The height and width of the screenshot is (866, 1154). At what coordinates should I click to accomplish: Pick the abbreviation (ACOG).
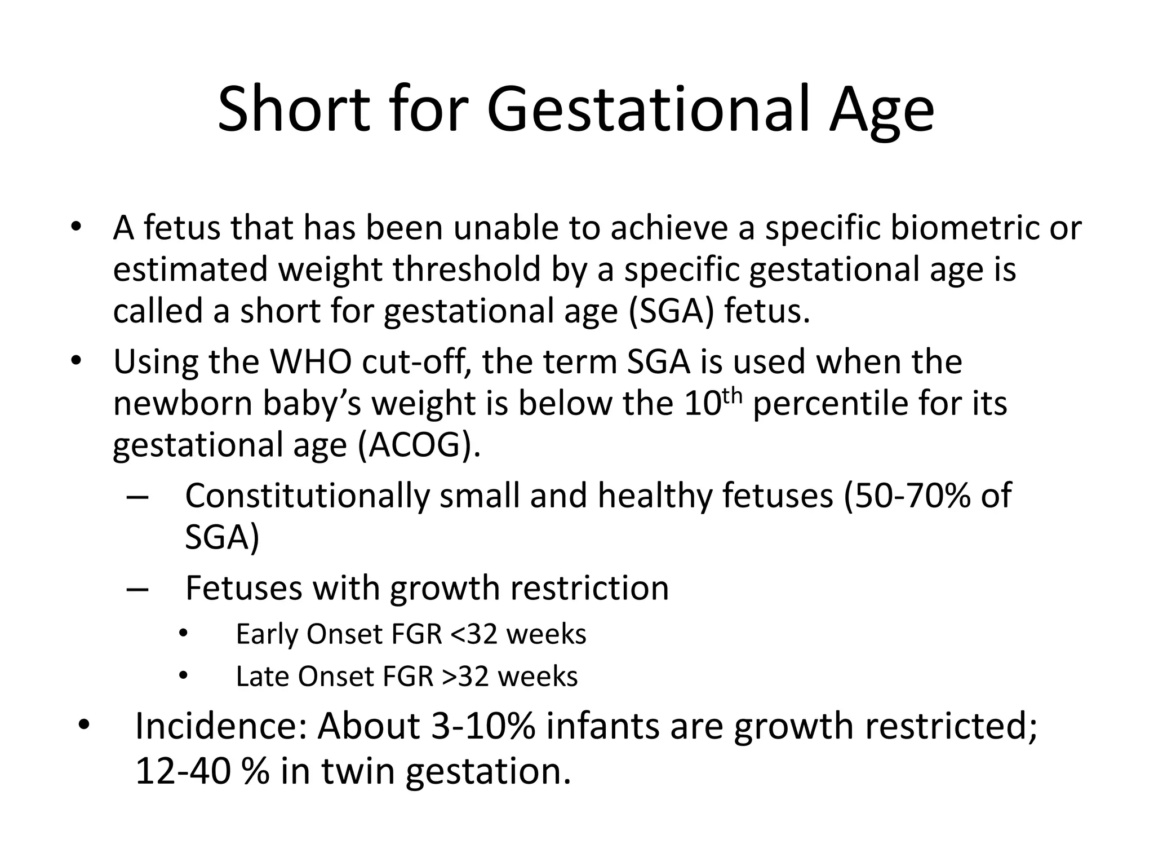coord(419,445)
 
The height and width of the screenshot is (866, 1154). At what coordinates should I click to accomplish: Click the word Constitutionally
coord(308,496)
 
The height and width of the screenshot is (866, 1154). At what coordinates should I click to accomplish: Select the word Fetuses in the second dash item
coord(244,587)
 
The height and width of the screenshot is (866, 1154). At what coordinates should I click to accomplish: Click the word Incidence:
coord(221,726)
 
